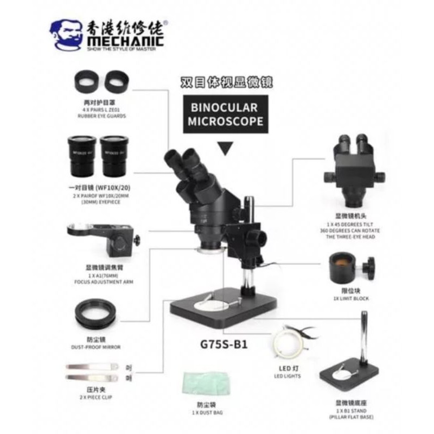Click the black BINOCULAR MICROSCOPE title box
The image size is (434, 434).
[x=222, y=114]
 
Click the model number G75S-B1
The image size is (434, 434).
[x=224, y=344]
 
